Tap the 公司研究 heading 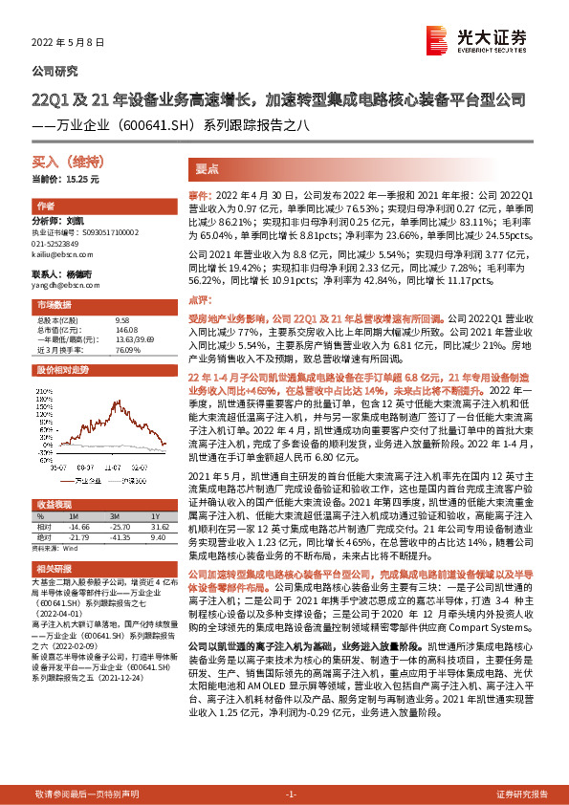(55, 72)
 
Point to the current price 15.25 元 (65, 179)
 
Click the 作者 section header (45, 207)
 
